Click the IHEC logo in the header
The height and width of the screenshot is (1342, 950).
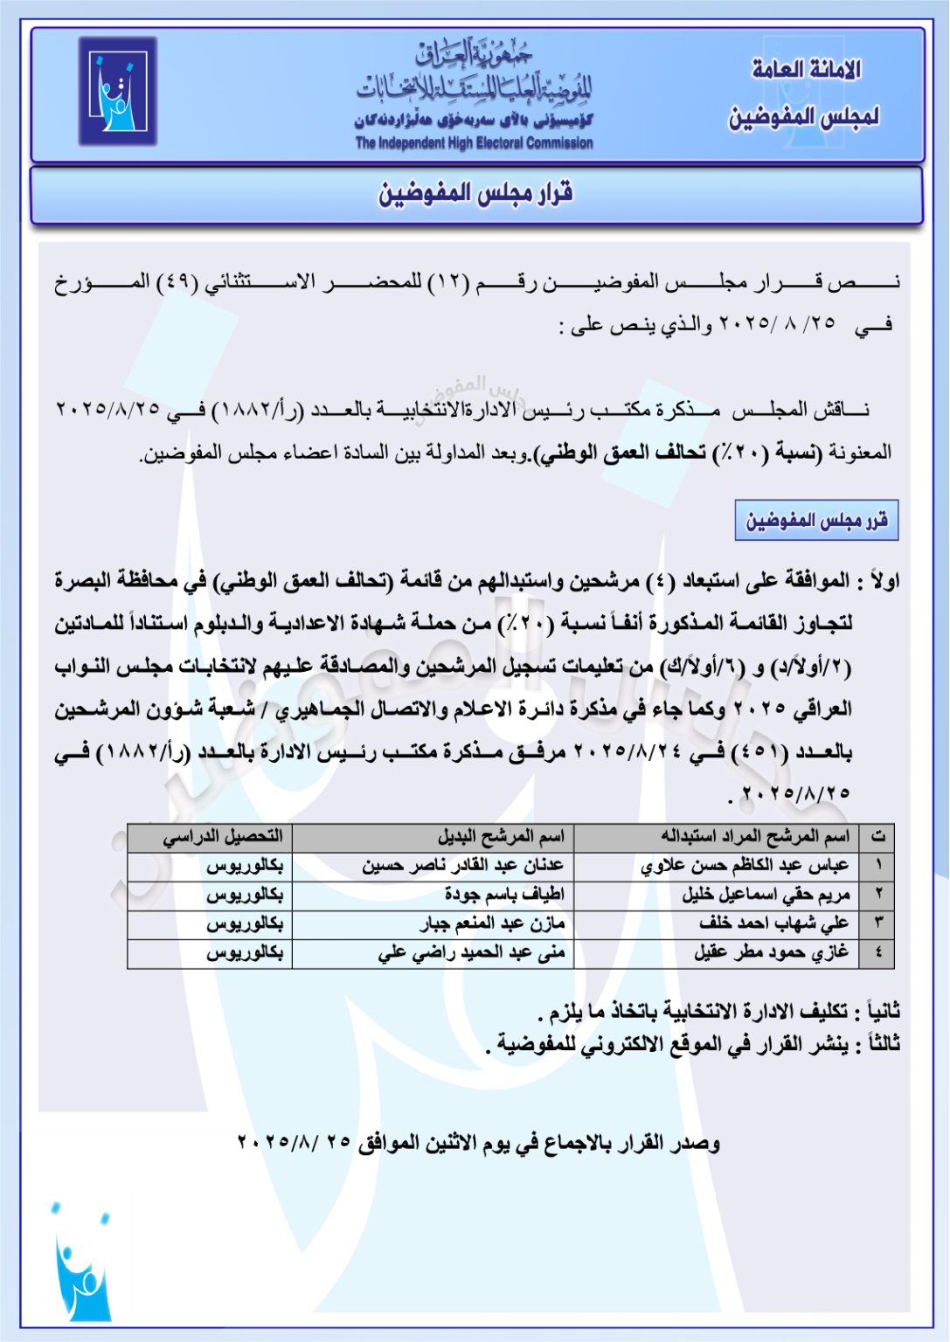(118, 91)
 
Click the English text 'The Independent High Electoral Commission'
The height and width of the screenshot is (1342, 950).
(474, 143)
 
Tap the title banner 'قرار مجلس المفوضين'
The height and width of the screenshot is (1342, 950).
(475, 194)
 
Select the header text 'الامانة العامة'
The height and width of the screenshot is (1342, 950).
(806, 69)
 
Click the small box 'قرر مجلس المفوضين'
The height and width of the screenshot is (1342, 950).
(816, 522)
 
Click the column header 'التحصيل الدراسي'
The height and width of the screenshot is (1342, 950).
(223, 837)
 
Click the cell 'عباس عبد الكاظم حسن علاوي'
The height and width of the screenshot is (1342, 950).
(745, 866)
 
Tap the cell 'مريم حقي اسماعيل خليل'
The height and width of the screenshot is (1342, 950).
(766, 895)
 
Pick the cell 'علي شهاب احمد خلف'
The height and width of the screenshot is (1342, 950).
(773, 923)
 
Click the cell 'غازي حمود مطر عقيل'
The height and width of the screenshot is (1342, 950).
(771, 952)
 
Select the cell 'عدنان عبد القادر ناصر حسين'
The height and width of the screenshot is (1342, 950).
(463, 866)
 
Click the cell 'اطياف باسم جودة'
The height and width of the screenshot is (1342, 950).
(504, 895)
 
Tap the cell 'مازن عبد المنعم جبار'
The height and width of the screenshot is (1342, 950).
(492, 923)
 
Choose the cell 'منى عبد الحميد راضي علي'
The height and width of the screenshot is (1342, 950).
(472, 952)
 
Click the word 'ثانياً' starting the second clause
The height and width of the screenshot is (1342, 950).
(881, 1012)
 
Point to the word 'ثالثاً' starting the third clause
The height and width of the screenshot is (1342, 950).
(881, 1044)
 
